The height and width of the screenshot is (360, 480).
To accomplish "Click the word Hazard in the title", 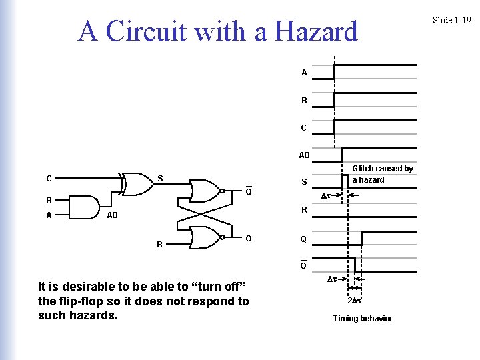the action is point(314,31).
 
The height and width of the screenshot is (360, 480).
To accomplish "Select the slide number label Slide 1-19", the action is point(451,20).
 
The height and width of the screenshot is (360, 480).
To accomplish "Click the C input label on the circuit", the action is point(49,179).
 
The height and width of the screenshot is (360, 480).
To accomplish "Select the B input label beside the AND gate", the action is point(49,200).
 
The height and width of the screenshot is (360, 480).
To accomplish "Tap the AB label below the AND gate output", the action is point(112,216).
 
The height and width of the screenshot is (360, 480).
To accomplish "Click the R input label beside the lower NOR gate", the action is point(159,245).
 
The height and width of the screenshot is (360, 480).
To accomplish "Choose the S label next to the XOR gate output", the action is point(159,178).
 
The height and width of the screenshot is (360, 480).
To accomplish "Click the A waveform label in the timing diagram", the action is point(304,73).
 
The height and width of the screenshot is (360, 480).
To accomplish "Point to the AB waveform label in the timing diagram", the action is point(304,155).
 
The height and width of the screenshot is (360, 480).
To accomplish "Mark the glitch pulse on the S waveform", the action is point(345,181).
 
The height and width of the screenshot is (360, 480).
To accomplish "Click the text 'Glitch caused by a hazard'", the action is point(382,174).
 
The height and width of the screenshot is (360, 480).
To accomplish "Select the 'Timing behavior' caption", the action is point(362,319).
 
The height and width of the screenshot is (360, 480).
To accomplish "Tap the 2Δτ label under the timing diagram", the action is point(354,300).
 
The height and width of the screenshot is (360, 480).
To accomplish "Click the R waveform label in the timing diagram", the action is point(304,210).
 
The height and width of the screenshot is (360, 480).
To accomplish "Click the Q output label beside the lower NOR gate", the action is point(248,238).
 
